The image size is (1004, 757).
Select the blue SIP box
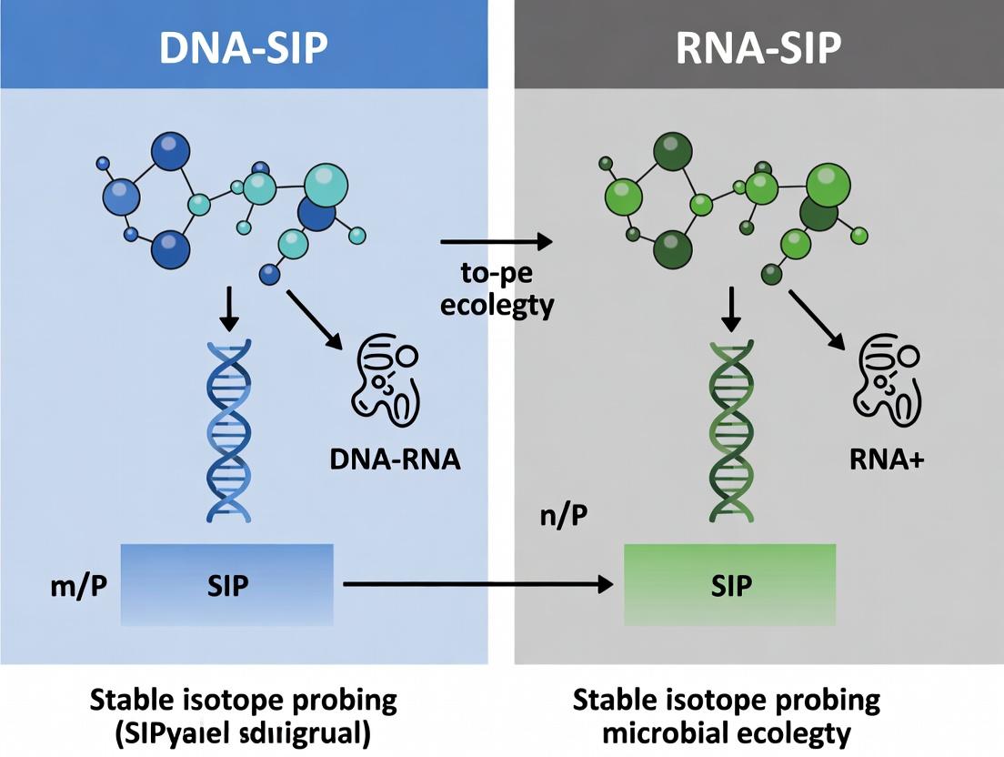click(226, 585)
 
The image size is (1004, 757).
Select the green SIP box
click(729, 585)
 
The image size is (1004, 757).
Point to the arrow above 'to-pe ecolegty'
click(497, 242)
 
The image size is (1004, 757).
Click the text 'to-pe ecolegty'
click(497, 288)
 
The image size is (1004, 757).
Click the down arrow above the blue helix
click(229, 309)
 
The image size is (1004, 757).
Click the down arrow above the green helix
click(731, 309)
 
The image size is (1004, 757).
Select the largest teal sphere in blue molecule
click(325, 186)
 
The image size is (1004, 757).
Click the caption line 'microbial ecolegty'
click(727, 733)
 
